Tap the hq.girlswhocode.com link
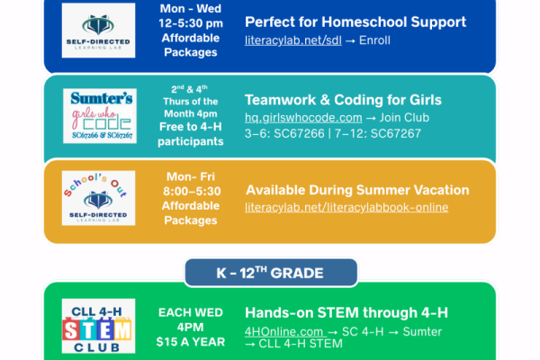tap(303, 118)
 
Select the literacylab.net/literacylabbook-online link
tap(346, 208)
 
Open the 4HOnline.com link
tap(284, 332)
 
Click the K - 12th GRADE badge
tap(271, 272)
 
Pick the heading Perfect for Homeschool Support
tap(355, 22)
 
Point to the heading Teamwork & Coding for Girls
tap(343, 100)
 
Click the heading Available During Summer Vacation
tap(357, 190)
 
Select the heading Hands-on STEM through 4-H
tap(346, 313)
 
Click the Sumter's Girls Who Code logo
tap(99, 114)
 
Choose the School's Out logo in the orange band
tap(99, 198)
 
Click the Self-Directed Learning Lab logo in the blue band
tap(99, 30)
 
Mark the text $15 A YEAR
tap(191, 341)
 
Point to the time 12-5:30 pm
tap(191, 24)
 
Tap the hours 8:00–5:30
tap(191, 193)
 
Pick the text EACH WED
tap(191, 312)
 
